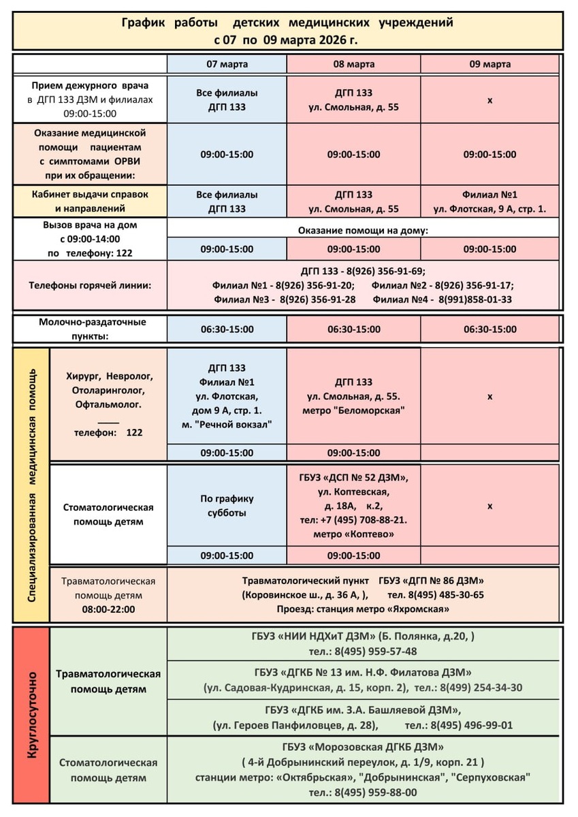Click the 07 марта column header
click(x=227, y=65)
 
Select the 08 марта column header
click(x=353, y=65)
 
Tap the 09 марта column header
click(x=489, y=65)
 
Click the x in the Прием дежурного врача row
click(x=489, y=100)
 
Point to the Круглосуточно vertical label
click(x=31, y=715)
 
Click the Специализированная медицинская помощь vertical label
click(x=31, y=485)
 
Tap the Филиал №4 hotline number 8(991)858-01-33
click(x=475, y=299)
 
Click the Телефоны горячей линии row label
click(x=90, y=285)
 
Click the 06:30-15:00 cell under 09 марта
click(x=489, y=330)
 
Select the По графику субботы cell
click(x=227, y=505)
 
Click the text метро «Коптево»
click(x=353, y=534)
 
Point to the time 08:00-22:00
click(x=108, y=609)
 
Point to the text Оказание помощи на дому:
click(x=363, y=231)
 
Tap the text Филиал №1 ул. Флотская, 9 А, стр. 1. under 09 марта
click(x=489, y=202)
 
